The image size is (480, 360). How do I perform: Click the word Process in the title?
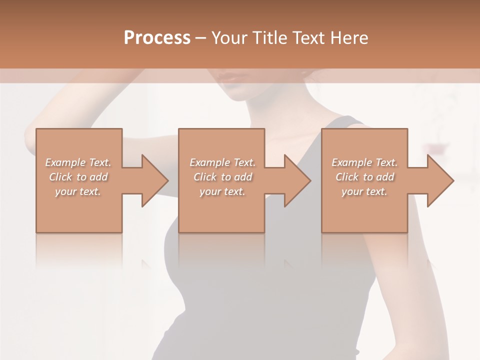tap(157, 38)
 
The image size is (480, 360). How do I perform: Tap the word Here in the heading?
tap(349, 38)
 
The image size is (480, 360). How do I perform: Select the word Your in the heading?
tap(229, 38)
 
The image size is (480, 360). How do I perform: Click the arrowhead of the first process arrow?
tap(155, 180)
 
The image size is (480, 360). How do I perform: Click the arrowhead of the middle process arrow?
tap(298, 180)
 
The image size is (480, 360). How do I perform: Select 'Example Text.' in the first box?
tap(78, 162)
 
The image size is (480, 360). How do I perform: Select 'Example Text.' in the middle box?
tap(222, 162)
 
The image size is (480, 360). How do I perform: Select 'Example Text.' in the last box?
tap(364, 162)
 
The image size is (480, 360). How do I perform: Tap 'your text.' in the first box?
tap(78, 191)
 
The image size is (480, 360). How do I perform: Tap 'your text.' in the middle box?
tap(222, 191)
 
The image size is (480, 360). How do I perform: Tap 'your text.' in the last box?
tap(364, 191)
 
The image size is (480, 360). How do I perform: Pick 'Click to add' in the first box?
tap(78, 177)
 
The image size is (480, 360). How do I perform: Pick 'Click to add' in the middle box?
tap(222, 177)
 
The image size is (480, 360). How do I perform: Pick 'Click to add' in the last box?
tap(364, 177)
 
